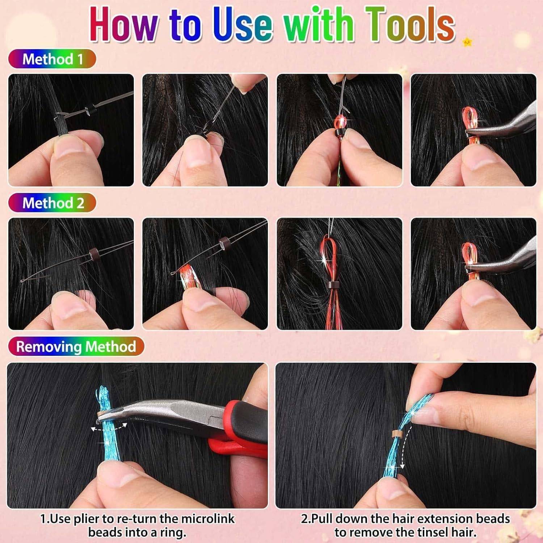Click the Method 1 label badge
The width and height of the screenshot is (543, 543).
pos(52,59)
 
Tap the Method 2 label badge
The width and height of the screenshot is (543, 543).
pos(52,203)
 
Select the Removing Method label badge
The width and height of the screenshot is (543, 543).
pos(76,346)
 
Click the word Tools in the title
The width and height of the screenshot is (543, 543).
pos(409,25)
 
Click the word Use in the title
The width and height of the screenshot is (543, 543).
pos(242,25)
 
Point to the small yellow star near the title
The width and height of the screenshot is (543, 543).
pos(467,42)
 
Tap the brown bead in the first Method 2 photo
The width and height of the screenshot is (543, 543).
pos(94,252)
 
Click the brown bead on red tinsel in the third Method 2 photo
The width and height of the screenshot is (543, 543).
pos(331,284)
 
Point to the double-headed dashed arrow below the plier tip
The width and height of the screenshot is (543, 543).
pos(109,428)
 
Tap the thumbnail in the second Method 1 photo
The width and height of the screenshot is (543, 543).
pos(197,156)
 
